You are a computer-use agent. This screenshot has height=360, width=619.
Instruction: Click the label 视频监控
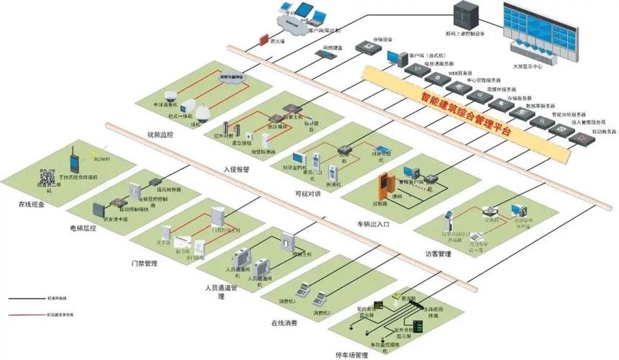[x=161, y=135]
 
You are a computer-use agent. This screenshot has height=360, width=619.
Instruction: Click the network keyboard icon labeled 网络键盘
[x=321, y=54]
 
